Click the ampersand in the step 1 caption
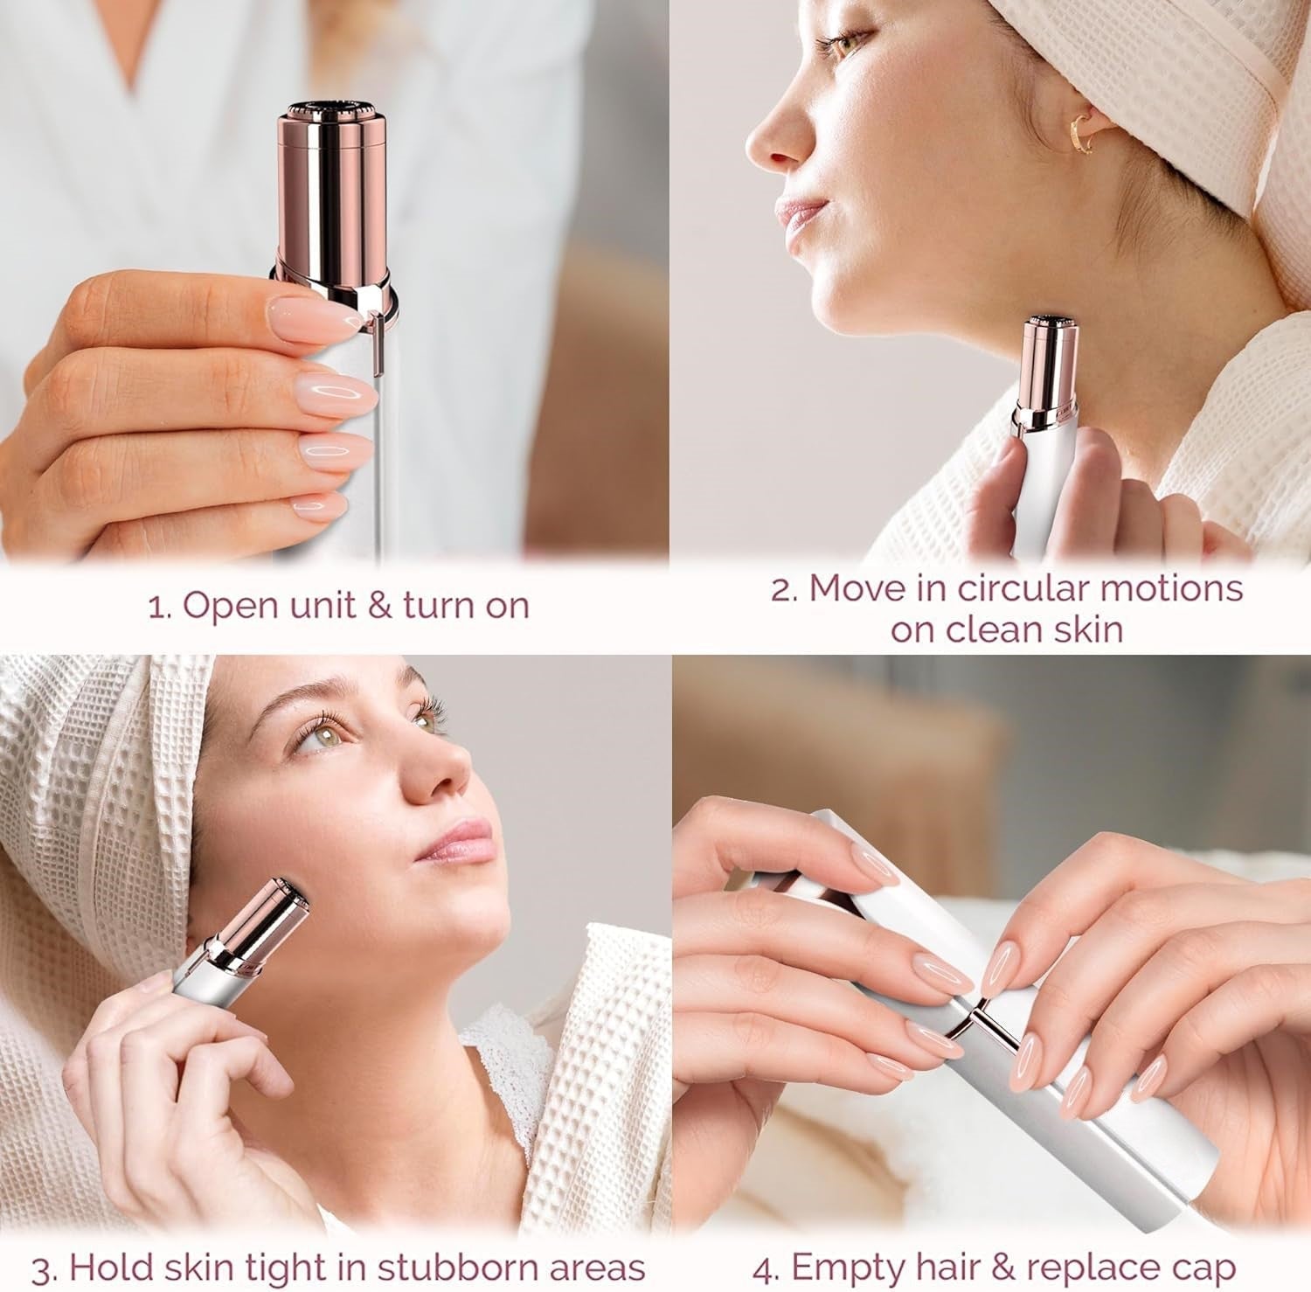point(379,605)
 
